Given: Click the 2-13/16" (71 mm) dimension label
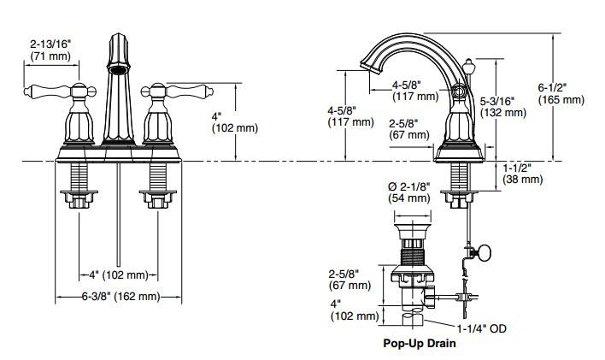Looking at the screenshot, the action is click(50, 50).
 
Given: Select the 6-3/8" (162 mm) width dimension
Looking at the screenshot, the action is click(120, 297).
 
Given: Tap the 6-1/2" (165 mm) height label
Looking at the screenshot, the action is click(561, 94).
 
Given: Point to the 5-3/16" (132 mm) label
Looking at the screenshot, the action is click(502, 107).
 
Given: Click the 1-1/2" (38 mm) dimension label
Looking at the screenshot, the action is click(522, 174).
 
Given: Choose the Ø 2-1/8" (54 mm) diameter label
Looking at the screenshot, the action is click(409, 192).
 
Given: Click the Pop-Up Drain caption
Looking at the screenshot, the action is click(420, 343).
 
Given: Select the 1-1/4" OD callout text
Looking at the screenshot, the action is click(482, 328).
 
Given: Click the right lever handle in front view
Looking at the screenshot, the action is click(189, 91).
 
